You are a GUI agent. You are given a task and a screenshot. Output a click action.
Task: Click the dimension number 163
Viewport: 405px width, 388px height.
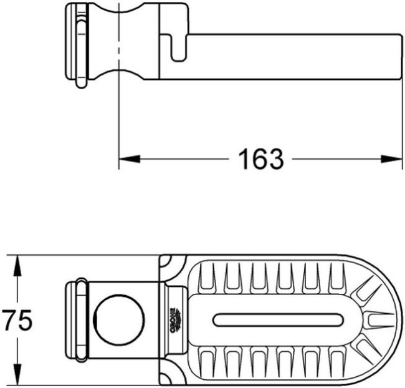[x=260, y=160]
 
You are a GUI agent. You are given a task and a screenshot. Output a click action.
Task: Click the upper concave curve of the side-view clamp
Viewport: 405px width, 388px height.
[x=119, y=12]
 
